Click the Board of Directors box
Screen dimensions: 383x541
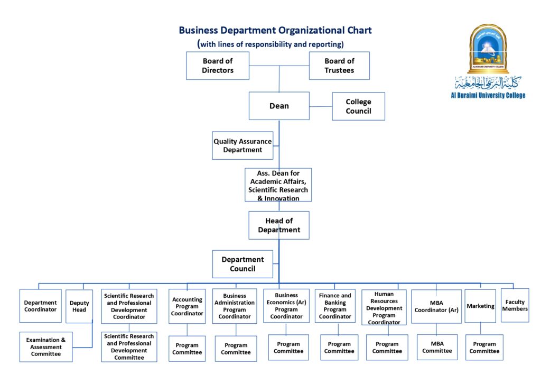(x=218, y=66)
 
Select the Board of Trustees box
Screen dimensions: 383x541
(x=339, y=66)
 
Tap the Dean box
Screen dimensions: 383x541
(x=279, y=106)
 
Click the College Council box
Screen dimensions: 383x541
(x=358, y=106)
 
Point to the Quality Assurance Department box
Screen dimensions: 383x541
(x=242, y=145)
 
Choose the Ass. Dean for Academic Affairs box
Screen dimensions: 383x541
(x=278, y=185)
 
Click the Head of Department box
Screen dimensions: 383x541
(x=279, y=225)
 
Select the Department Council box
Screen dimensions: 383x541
(x=242, y=264)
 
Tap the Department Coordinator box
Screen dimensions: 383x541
(x=40, y=306)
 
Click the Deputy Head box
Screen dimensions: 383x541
(x=79, y=306)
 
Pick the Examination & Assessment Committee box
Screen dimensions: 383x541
(x=46, y=347)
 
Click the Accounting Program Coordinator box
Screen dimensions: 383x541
(x=187, y=306)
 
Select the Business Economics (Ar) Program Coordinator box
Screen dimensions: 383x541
(x=286, y=306)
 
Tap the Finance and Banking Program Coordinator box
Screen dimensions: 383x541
(x=335, y=306)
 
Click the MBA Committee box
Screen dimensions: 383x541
(x=437, y=347)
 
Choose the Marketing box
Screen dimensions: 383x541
(x=480, y=306)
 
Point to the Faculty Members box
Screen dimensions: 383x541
(x=515, y=305)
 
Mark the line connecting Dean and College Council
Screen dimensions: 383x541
(x=321, y=106)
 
